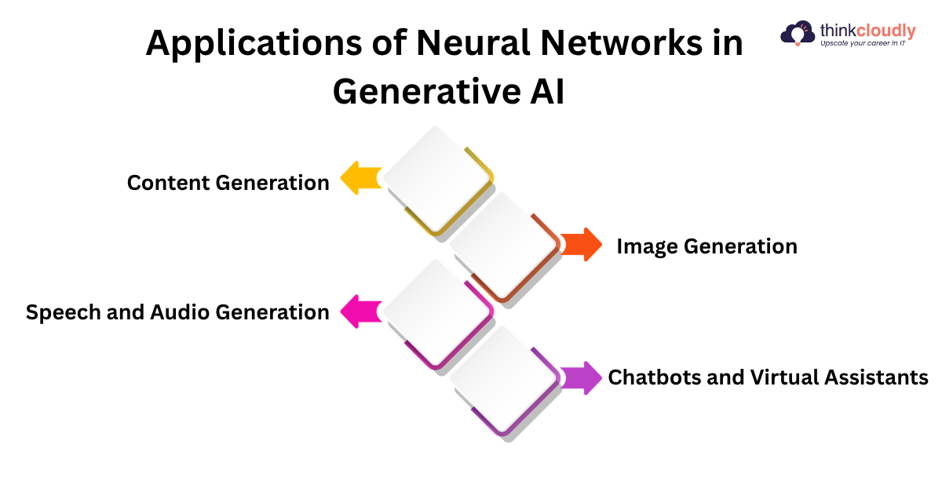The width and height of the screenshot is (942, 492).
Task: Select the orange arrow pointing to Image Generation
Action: click(x=582, y=245)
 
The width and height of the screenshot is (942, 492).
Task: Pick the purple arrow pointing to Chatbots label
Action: click(x=582, y=377)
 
